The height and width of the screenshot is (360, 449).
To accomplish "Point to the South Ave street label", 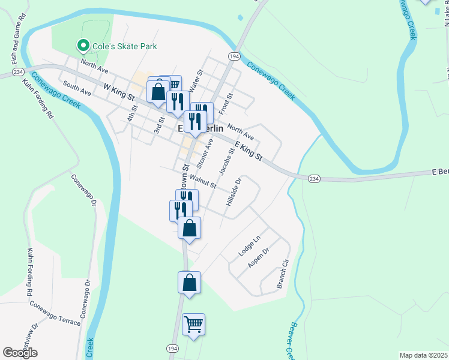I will (76, 89).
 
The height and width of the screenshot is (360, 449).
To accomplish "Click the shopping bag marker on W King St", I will (158, 92).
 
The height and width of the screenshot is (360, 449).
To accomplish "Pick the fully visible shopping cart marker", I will (193, 325).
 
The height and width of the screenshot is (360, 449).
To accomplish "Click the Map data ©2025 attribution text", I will (423, 355).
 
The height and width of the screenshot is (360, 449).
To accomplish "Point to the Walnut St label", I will (202, 181).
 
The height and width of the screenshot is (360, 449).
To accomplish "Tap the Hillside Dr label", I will (234, 192).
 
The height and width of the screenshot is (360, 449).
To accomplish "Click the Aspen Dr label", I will (259, 258).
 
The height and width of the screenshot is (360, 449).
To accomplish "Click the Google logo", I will (20, 353).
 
